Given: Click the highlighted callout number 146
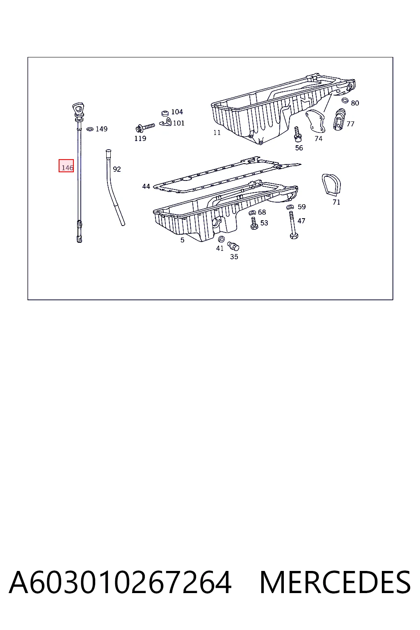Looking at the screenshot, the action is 67,168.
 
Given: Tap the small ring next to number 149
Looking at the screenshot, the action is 90,129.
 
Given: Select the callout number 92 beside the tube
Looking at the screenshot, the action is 117,169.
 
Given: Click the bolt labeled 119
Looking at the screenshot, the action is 145,128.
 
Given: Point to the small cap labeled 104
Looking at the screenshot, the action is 165,113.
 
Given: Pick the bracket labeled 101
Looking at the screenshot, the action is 166,123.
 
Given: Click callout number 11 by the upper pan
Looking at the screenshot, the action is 217,132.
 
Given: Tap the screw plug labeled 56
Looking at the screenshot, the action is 298,135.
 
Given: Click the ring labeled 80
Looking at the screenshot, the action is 345,100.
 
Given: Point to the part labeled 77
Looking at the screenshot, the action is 339,119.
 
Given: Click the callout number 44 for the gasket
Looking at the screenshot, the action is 146,186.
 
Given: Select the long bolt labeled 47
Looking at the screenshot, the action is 292,225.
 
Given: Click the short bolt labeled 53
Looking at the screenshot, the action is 254,223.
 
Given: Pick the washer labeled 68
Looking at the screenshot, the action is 252,212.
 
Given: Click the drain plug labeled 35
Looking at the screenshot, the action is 233,246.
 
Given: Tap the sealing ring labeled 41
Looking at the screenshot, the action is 221,240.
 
